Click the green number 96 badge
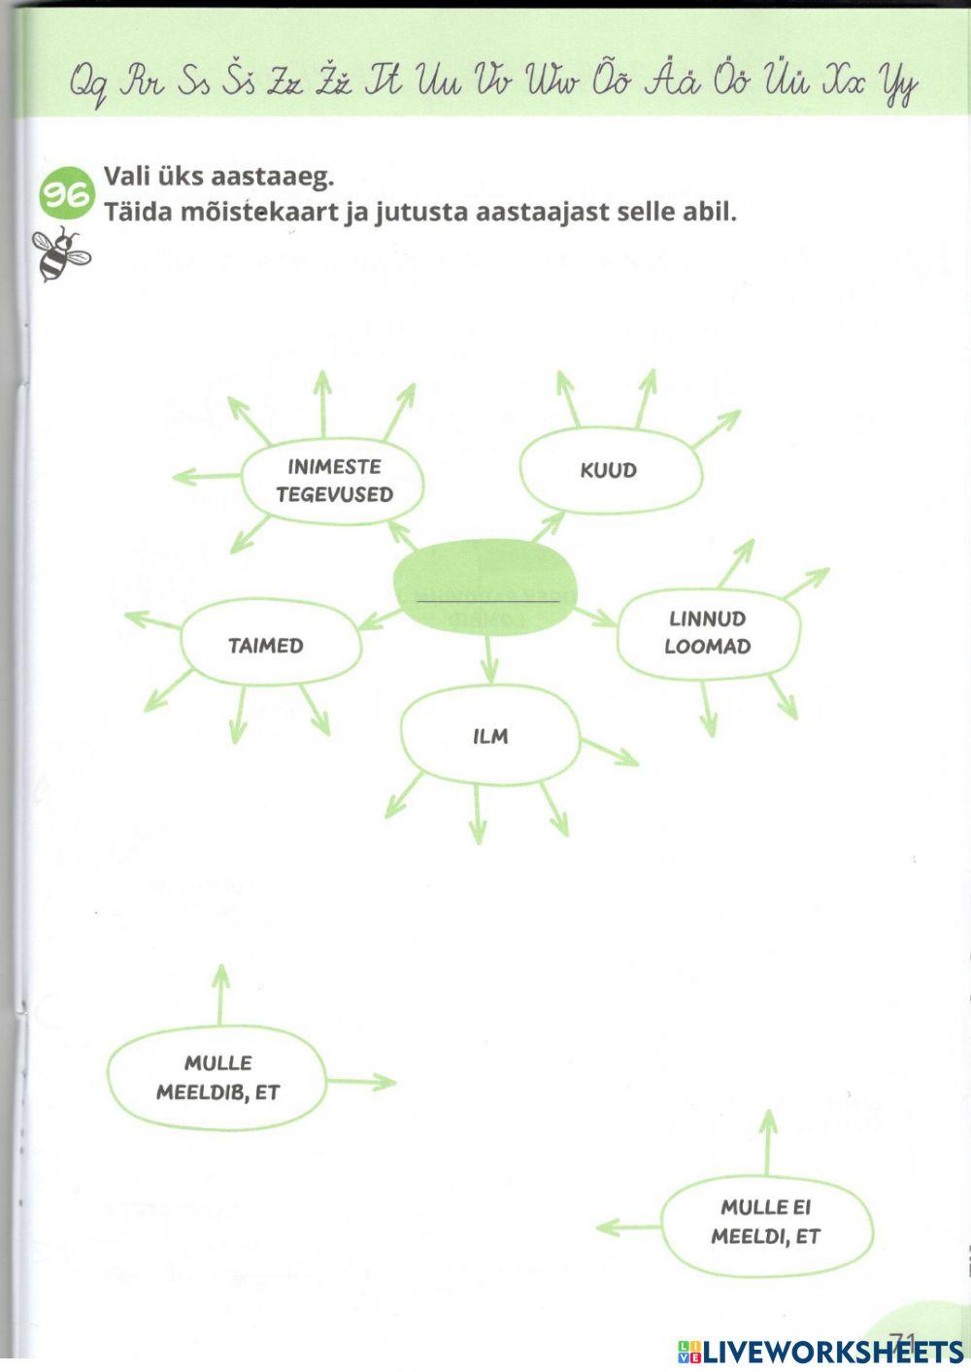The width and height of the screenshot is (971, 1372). (66, 192)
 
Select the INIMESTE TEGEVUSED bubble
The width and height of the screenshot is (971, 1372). (333, 481)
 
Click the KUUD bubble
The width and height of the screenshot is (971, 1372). (610, 470)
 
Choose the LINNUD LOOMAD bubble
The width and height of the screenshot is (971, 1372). (708, 633)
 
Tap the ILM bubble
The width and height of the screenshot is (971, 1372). (490, 736)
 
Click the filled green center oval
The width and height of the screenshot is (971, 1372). (485, 588)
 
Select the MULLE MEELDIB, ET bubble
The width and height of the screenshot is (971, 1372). (218, 1078)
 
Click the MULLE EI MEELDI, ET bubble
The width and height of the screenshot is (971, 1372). (766, 1222)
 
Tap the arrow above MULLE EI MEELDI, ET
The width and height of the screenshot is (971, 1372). (768, 1141)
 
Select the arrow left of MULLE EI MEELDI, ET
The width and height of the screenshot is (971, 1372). (629, 1228)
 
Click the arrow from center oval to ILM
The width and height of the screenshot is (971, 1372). (489, 662)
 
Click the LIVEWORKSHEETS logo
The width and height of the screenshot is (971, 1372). (820, 1351)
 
